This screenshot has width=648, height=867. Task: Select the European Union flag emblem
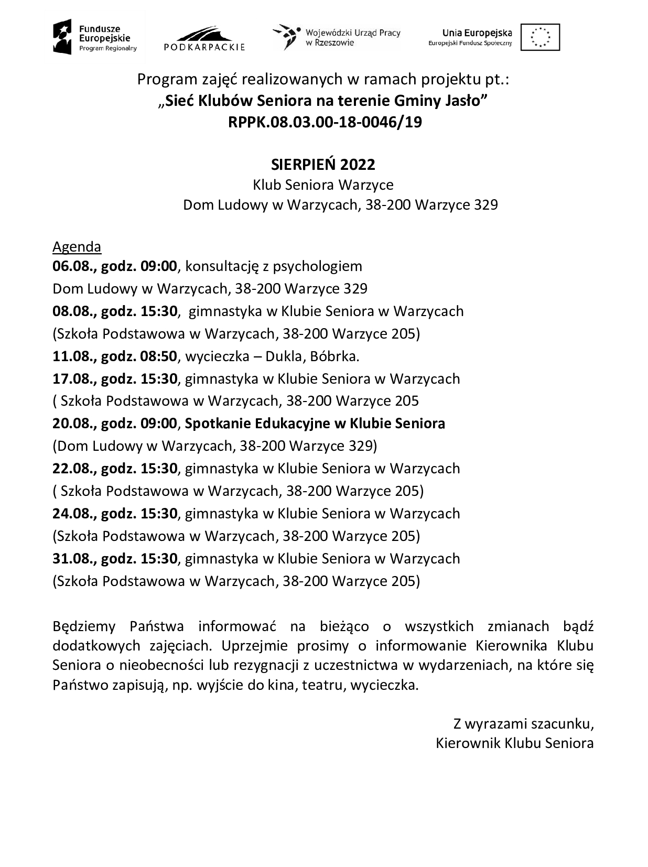pos(539,37)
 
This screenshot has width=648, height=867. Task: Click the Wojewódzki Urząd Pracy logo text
pos(353,37)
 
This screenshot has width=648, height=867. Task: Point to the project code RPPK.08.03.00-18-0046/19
pos(325,122)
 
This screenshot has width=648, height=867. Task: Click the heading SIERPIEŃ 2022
pos(323,165)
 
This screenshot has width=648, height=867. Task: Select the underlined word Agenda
pos(77,246)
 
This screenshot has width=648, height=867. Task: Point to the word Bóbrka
pos(334,356)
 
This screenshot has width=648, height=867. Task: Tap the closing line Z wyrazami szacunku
pos(523,724)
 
